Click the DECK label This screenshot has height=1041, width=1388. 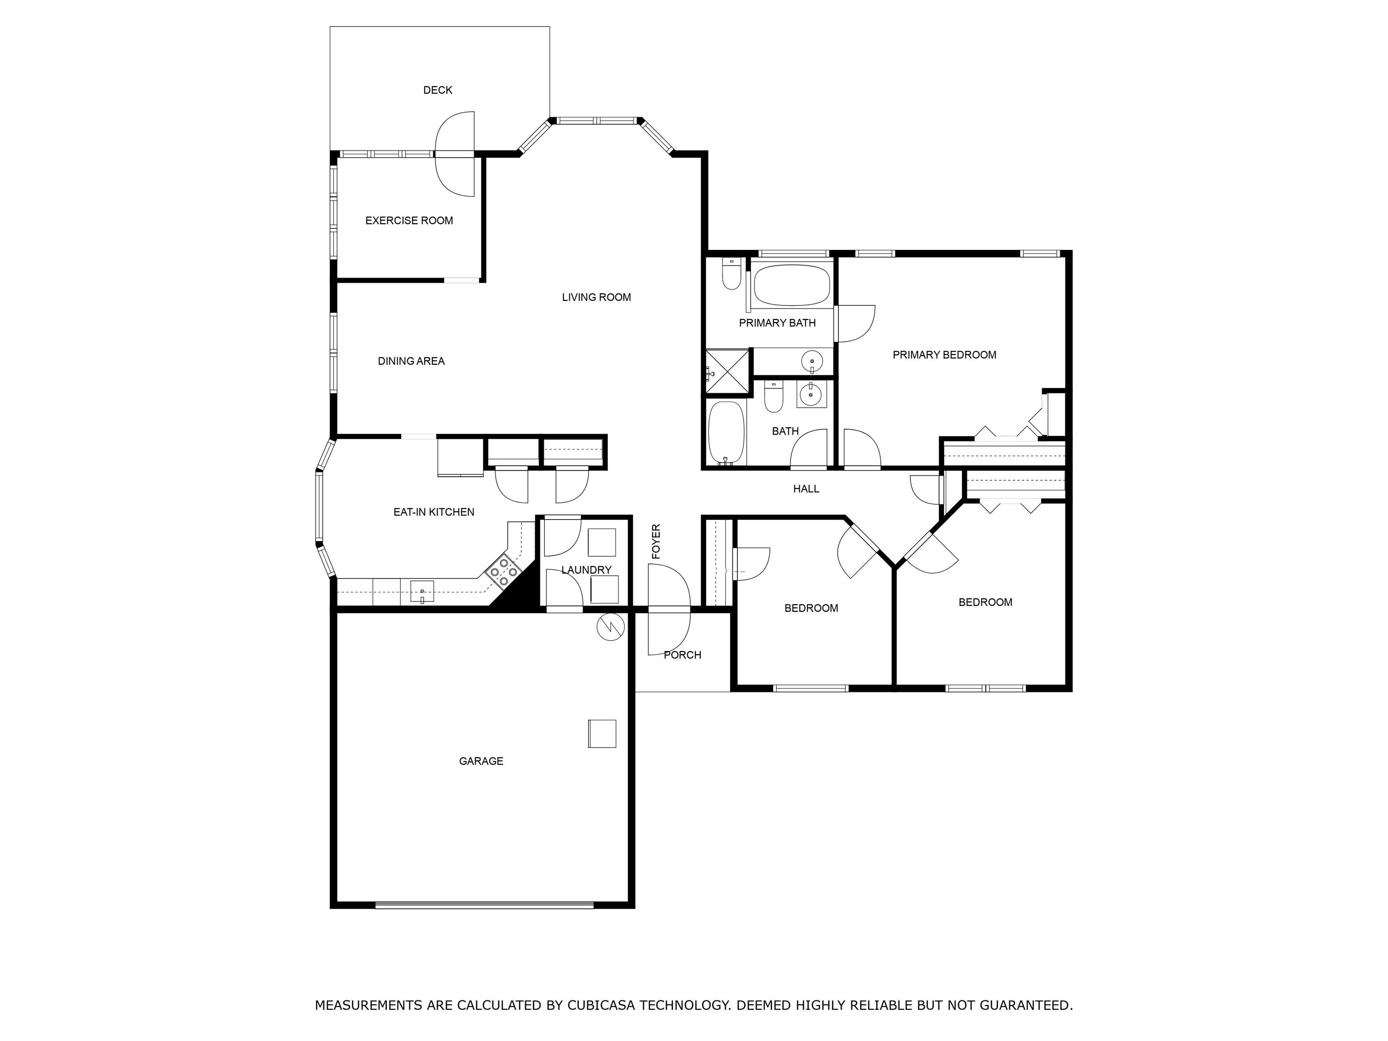tap(437, 90)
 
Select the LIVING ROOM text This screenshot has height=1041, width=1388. tap(596, 297)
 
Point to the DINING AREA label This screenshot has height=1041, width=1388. tap(411, 361)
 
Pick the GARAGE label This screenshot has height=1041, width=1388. tap(481, 762)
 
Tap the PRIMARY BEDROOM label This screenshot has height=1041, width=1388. tap(944, 355)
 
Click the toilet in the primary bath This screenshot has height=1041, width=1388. tap(732, 274)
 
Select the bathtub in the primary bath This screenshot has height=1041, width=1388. tap(792, 286)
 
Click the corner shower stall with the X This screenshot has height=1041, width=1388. tap(727, 373)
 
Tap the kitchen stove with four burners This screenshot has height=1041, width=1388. tap(504, 572)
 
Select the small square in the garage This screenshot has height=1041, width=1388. tap(602, 733)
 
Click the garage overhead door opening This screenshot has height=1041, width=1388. tap(484, 905)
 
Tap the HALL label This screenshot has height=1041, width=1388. tap(806, 489)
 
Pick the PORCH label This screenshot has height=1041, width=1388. tap(683, 655)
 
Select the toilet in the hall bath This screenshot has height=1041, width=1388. tap(774, 397)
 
